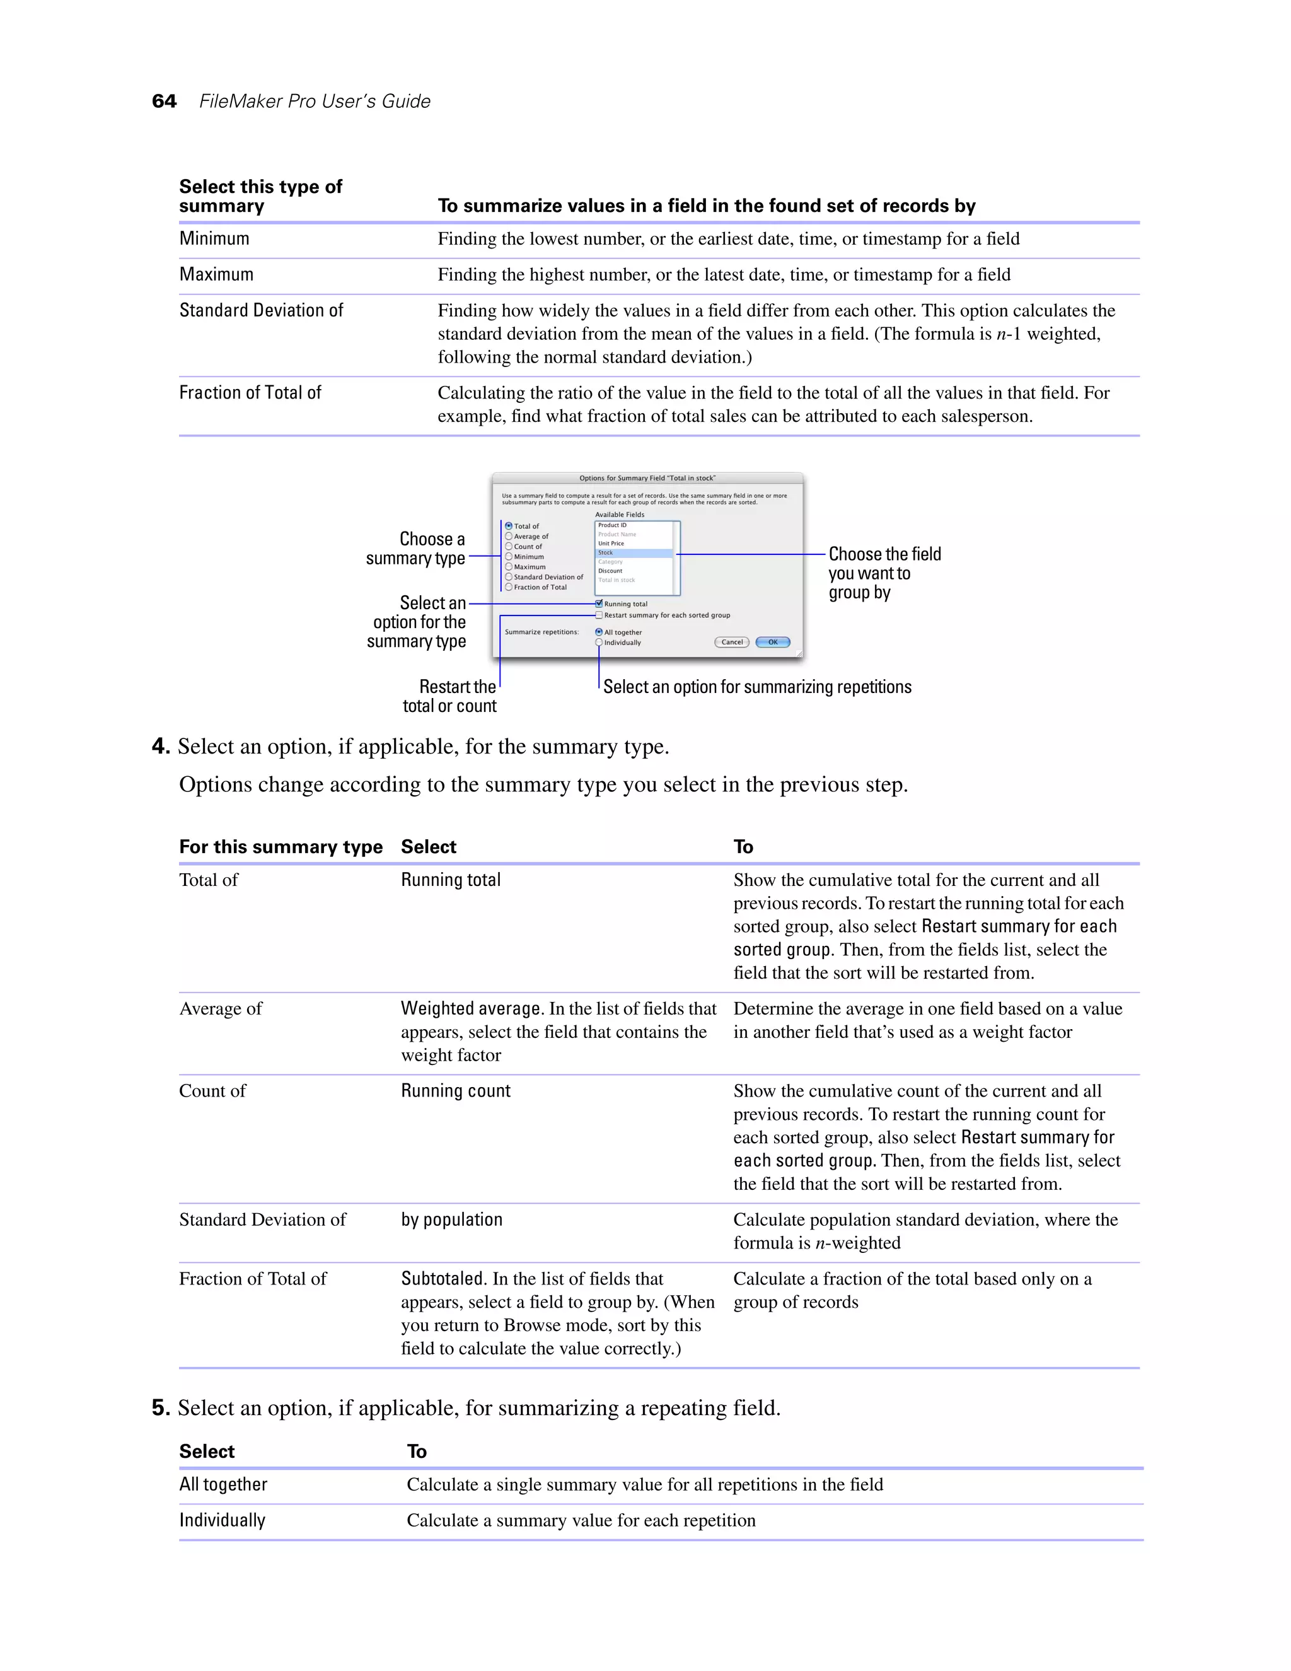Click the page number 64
coord(164,101)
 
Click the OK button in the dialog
coord(772,642)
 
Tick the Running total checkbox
coord(599,603)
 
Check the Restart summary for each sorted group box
coord(599,615)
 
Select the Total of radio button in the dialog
coord(509,527)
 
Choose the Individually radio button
coord(599,643)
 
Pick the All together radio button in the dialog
coord(599,632)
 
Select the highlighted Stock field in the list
coord(606,552)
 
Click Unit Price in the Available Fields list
coord(611,543)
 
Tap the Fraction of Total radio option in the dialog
coord(509,587)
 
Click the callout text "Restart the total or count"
coord(449,696)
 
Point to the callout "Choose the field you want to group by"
coord(884,573)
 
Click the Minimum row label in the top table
coord(214,239)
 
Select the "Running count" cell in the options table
coord(456,1091)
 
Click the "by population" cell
coord(452,1220)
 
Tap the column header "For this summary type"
coord(281,846)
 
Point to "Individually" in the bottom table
coord(223,1520)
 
